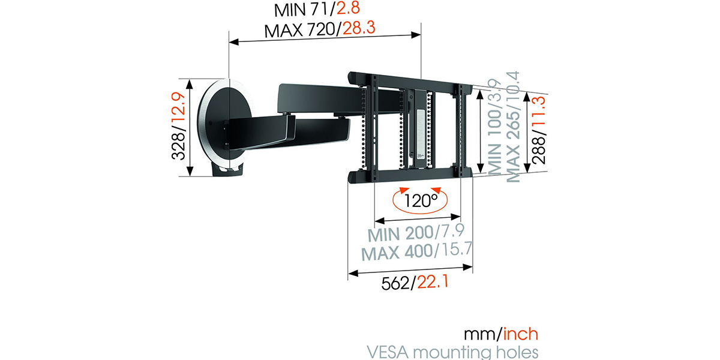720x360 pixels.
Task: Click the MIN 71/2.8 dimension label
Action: tap(317, 10)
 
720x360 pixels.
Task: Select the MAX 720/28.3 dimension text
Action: tap(320, 29)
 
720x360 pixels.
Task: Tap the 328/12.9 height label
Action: tap(179, 126)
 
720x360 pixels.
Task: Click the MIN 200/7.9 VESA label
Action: tap(416, 233)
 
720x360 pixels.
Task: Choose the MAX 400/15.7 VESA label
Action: tap(417, 251)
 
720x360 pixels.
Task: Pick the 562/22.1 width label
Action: tap(415, 283)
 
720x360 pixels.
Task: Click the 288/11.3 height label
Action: tap(539, 130)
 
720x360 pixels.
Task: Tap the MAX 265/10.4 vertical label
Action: tap(512, 127)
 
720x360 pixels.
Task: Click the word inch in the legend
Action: tap(521, 334)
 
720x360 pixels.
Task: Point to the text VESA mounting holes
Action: tap(452, 352)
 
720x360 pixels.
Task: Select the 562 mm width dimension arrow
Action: tap(410, 270)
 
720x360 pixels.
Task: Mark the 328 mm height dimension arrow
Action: tap(190, 127)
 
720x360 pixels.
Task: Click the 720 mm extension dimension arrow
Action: tap(325, 38)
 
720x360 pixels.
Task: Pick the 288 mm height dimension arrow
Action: tap(527, 132)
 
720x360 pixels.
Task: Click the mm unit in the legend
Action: tap(481, 334)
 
